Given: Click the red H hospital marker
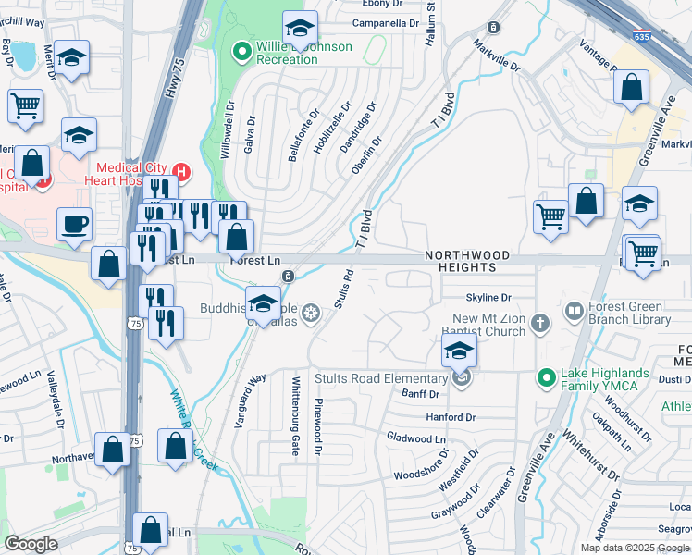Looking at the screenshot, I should click(181, 171).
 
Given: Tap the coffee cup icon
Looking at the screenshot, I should click(74, 225).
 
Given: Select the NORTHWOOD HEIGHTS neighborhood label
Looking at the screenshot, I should click(467, 261).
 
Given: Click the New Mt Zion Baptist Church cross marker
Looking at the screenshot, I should click(540, 324).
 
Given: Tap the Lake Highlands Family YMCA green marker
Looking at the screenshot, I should click(548, 378).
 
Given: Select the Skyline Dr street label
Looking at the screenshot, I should click(488, 298).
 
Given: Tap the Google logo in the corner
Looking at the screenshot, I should click(31, 544).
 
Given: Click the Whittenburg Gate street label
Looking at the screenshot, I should click(296, 422).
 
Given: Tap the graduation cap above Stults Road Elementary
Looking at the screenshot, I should click(458, 351).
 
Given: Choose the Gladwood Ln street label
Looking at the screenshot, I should click(415, 438).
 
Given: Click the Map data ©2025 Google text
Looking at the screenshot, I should click(635, 548).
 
